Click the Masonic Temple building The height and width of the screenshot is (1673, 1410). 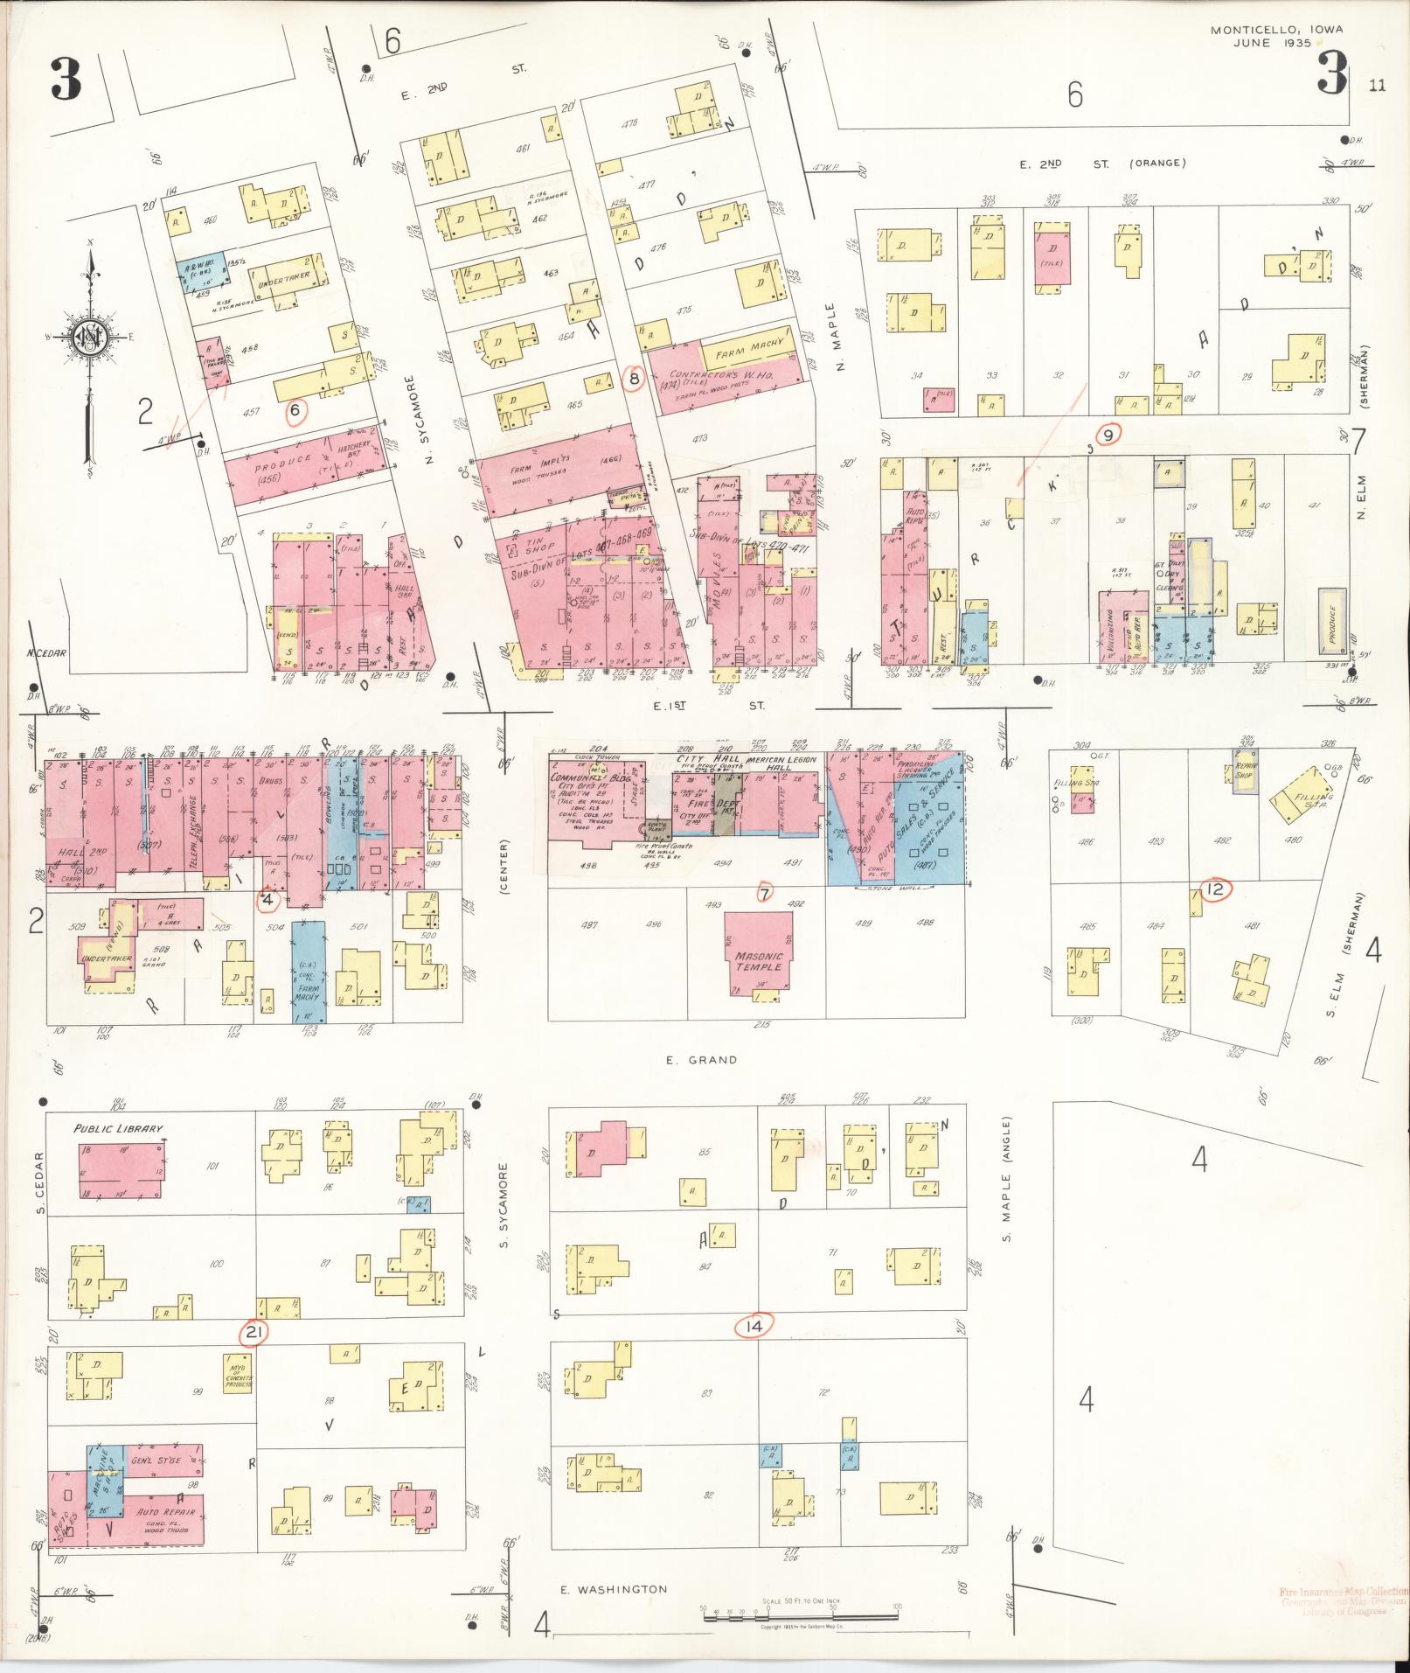758,954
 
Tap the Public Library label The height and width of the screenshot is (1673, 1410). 118,1128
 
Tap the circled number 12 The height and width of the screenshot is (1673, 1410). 1215,890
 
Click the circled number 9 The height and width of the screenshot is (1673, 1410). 1108,434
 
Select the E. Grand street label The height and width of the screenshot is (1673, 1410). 701,1060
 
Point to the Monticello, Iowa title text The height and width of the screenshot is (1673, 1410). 1276,36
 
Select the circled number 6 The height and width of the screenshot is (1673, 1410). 295,409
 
